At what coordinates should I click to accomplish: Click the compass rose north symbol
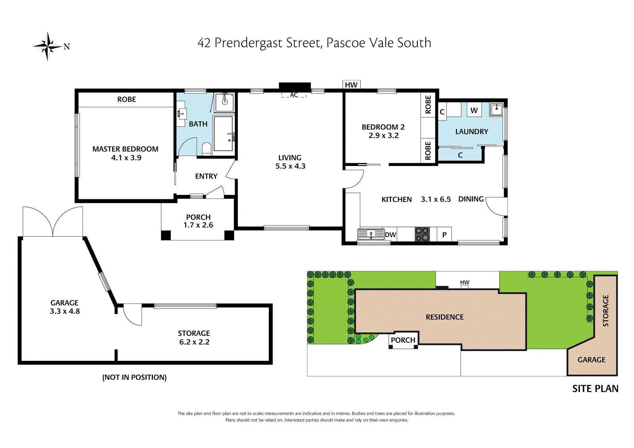pos(48,46)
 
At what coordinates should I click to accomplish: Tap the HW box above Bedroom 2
pos(351,84)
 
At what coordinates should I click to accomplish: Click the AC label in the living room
pos(294,95)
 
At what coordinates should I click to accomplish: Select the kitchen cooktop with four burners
pos(422,234)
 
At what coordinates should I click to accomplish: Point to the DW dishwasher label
pos(390,234)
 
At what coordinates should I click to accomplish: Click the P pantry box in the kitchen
pos(444,234)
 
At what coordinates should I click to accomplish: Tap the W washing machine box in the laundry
pos(474,111)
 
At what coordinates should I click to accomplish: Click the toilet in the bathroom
pos(206,149)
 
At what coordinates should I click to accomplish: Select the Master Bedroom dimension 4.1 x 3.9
pos(126,158)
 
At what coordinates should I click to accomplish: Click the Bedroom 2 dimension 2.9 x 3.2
pos(383,135)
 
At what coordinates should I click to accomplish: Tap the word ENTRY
pos(206,176)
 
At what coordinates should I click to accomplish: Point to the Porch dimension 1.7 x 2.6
pos(198,225)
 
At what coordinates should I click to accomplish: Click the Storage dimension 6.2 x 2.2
pos(194,342)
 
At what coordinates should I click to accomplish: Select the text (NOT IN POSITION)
pos(134,377)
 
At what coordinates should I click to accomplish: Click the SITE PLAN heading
pos(595,389)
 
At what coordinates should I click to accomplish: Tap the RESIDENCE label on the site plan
pos(445,317)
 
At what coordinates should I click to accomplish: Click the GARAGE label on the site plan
pos(591,360)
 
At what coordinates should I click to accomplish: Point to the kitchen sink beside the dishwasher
pos(371,234)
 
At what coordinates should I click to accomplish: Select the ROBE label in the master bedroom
pos(126,99)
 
